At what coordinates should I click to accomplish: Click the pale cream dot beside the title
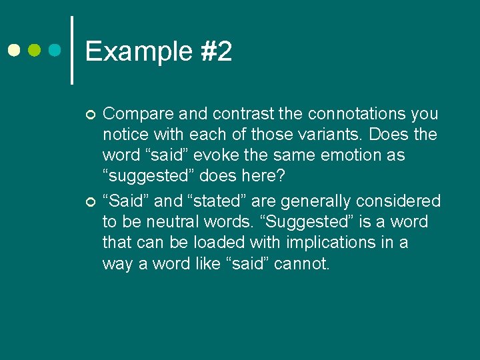(13, 51)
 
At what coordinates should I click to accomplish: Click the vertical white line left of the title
(72, 50)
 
